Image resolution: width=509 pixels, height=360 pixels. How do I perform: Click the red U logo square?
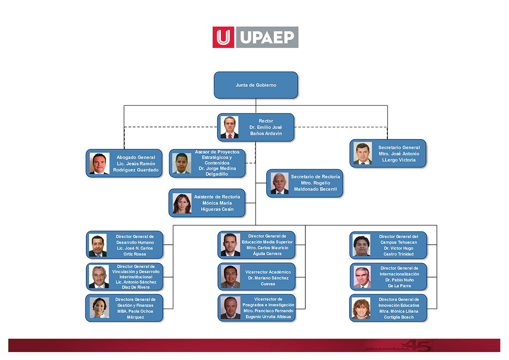pyautogui.click(x=223, y=37)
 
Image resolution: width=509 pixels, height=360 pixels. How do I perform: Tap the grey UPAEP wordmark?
pyautogui.click(x=267, y=37)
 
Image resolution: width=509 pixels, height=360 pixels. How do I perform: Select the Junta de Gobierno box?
pyautogui.click(x=256, y=85)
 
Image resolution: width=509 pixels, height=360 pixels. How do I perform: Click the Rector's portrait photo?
pyautogui.click(x=229, y=127)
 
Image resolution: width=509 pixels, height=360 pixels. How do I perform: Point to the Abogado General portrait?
pyautogui.click(x=99, y=164)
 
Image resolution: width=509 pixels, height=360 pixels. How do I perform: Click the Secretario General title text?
pyautogui.click(x=399, y=148)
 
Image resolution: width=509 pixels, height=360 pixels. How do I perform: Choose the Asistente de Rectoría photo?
pyautogui.click(x=182, y=203)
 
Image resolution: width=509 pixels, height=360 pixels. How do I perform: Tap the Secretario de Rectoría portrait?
pyautogui.click(x=280, y=183)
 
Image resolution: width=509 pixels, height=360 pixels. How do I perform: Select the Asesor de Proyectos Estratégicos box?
pyautogui.click(x=207, y=164)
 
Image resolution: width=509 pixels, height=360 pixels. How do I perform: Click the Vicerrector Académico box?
pyautogui.click(x=257, y=277)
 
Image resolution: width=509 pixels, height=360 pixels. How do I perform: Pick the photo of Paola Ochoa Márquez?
pyautogui.click(x=99, y=308)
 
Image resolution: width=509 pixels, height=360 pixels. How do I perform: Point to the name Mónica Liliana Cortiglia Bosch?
pyautogui.click(x=399, y=314)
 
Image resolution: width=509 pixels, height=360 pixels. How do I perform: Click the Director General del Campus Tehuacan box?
pyautogui.click(x=388, y=245)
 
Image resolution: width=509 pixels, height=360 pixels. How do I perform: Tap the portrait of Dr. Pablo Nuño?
pyautogui.click(x=362, y=277)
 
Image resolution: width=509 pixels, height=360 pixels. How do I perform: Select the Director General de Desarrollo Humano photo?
pyautogui.click(x=98, y=245)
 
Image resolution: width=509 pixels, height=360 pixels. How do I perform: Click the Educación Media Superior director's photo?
pyautogui.click(x=230, y=245)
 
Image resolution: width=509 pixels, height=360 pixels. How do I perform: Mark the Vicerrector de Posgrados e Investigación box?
pyautogui.click(x=257, y=308)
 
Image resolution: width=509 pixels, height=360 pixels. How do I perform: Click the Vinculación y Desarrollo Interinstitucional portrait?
pyautogui.click(x=99, y=277)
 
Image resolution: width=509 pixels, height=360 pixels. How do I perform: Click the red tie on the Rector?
pyautogui.click(x=230, y=136)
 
